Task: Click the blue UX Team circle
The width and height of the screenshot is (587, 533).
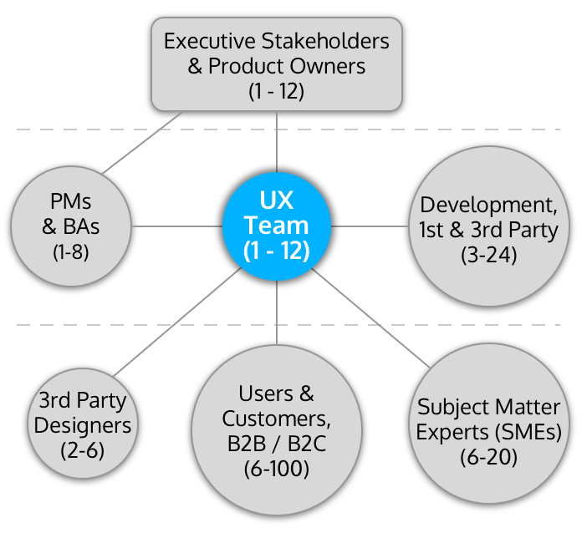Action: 277,226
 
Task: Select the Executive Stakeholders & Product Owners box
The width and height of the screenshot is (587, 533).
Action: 276,66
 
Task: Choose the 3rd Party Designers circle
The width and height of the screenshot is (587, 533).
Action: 84,425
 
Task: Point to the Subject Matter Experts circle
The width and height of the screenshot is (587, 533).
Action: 488,430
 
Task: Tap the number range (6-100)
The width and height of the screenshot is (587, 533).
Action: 277,470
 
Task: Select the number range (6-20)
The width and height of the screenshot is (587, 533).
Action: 488,458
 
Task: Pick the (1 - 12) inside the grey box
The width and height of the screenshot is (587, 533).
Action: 276,91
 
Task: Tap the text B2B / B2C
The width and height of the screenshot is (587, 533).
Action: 277,444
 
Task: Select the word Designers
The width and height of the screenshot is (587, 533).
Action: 84,425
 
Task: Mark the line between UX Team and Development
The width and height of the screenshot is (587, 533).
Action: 372,226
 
